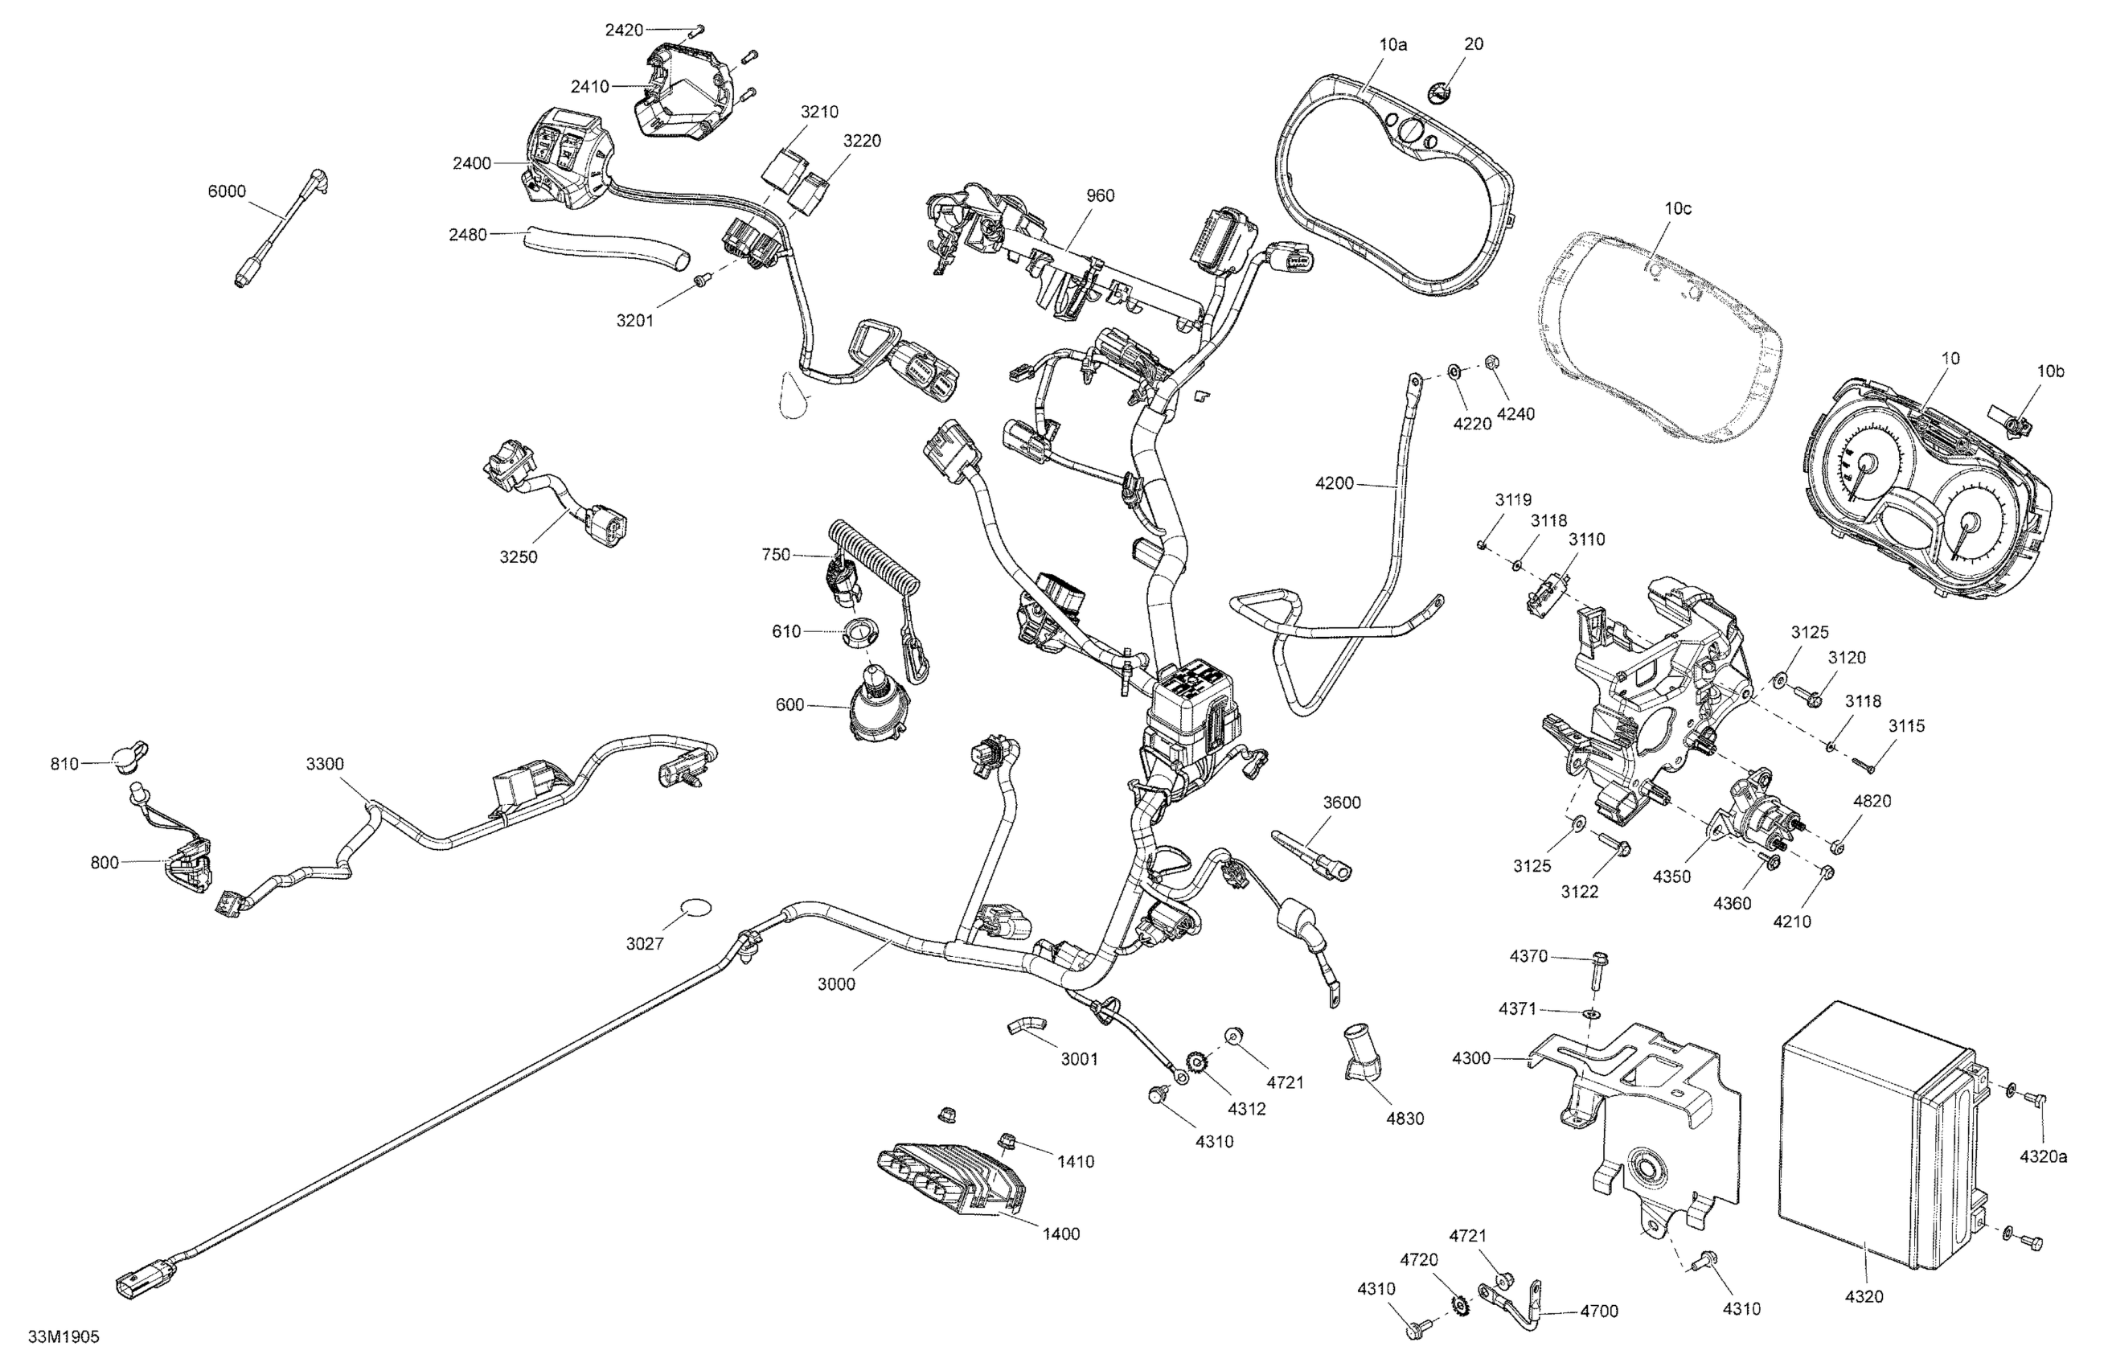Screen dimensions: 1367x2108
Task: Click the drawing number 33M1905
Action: (64, 1337)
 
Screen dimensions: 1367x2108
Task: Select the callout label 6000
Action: (227, 191)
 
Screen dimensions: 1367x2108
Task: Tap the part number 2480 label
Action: (468, 235)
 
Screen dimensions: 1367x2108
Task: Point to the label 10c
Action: (1678, 208)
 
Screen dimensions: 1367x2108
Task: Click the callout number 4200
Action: (1335, 482)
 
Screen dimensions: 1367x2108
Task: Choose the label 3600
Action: (1342, 803)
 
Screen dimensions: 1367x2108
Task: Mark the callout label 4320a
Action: (2044, 1156)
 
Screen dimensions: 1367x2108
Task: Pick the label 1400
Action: (1061, 1234)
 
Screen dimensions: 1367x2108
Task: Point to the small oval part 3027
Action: (695, 907)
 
